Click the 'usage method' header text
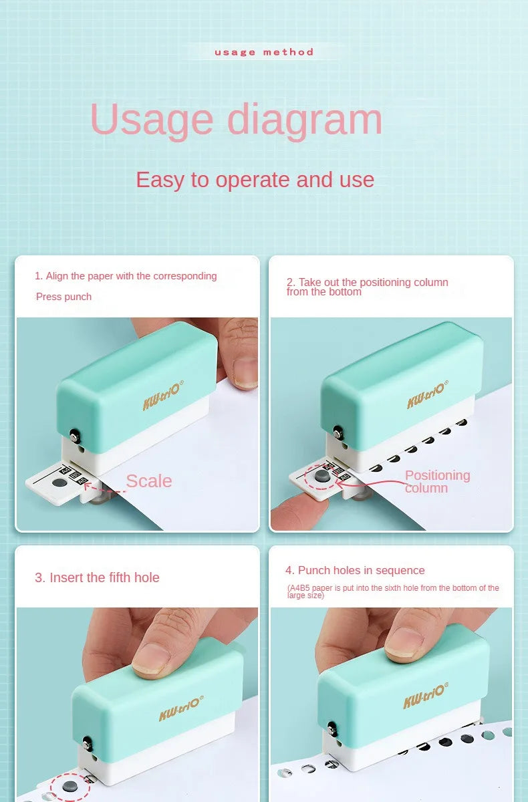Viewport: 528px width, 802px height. [264, 52]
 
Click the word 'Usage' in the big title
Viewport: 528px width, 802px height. [150, 120]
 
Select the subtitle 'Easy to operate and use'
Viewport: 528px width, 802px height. [255, 180]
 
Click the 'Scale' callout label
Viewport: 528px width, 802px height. [148, 481]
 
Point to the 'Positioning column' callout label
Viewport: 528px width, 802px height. [437, 481]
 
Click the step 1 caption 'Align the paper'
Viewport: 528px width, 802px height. [126, 276]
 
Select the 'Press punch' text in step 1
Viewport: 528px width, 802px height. [63, 297]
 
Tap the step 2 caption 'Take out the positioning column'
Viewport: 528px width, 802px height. [367, 287]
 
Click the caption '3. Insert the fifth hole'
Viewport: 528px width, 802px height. [97, 577]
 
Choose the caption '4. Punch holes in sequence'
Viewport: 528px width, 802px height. [355, 570]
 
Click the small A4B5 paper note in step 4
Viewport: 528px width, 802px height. [393, 591]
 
